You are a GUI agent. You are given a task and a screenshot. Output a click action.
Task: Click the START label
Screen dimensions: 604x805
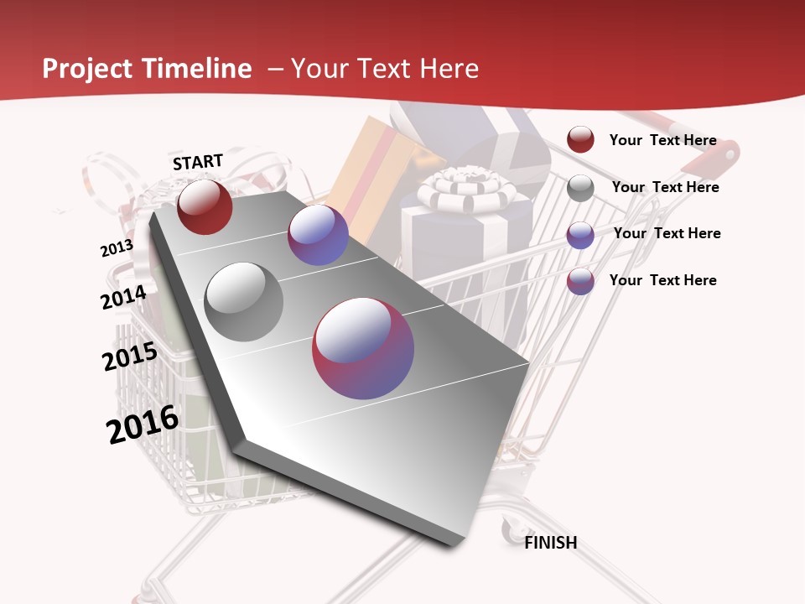pyautogui.click(x=198, y=162)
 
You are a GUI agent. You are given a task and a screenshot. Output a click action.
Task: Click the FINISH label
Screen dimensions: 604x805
pyautogui.click(x=550, y=543)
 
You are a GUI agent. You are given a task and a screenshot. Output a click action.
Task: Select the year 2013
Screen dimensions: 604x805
pyautogui.click(x=117, y=248)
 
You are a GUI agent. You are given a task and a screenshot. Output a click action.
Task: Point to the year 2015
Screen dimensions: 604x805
pyautogui.click(x=129, y=357)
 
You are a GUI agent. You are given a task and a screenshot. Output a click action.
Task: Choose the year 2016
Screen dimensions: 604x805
pyautogui.click(x=143, y=424)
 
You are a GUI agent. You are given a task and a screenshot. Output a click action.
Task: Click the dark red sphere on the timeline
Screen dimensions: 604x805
pyautogui.click(x=205, y=206)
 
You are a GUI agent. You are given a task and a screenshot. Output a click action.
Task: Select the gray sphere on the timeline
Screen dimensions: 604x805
pyautogui.click(x=244, y=302)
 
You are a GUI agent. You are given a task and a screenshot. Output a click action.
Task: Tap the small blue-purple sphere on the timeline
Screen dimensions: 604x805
pyautogui.click(x=318, y=235)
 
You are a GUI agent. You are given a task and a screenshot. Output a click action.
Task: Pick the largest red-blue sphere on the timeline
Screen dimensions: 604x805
pyautogui.click(x=363, y=348)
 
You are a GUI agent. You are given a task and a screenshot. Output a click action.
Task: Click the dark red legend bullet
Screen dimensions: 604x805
pyautogui.click(x=580, y=139)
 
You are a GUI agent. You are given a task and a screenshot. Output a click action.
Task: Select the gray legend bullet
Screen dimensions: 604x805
pyautogui.click(x=580, y=188)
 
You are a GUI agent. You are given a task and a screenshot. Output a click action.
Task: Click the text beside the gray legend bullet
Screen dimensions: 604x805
pyautogui.click(x=665, y=187)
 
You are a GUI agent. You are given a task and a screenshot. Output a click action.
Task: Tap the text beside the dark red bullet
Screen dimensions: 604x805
pyautogui.click(x=662, y=140)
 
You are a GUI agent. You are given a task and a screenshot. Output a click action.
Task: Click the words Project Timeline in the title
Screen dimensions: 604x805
pyautogui.click(x=147, y=69)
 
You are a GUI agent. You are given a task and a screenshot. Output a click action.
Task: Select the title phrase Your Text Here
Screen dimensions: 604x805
pyautogui.click(x=385, y=69)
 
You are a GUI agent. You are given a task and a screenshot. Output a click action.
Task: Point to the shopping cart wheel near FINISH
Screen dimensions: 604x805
pyautogui.click(x=510, y=529)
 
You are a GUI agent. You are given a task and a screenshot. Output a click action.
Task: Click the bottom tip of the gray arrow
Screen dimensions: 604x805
pyautogui.click(x=458, y=544)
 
